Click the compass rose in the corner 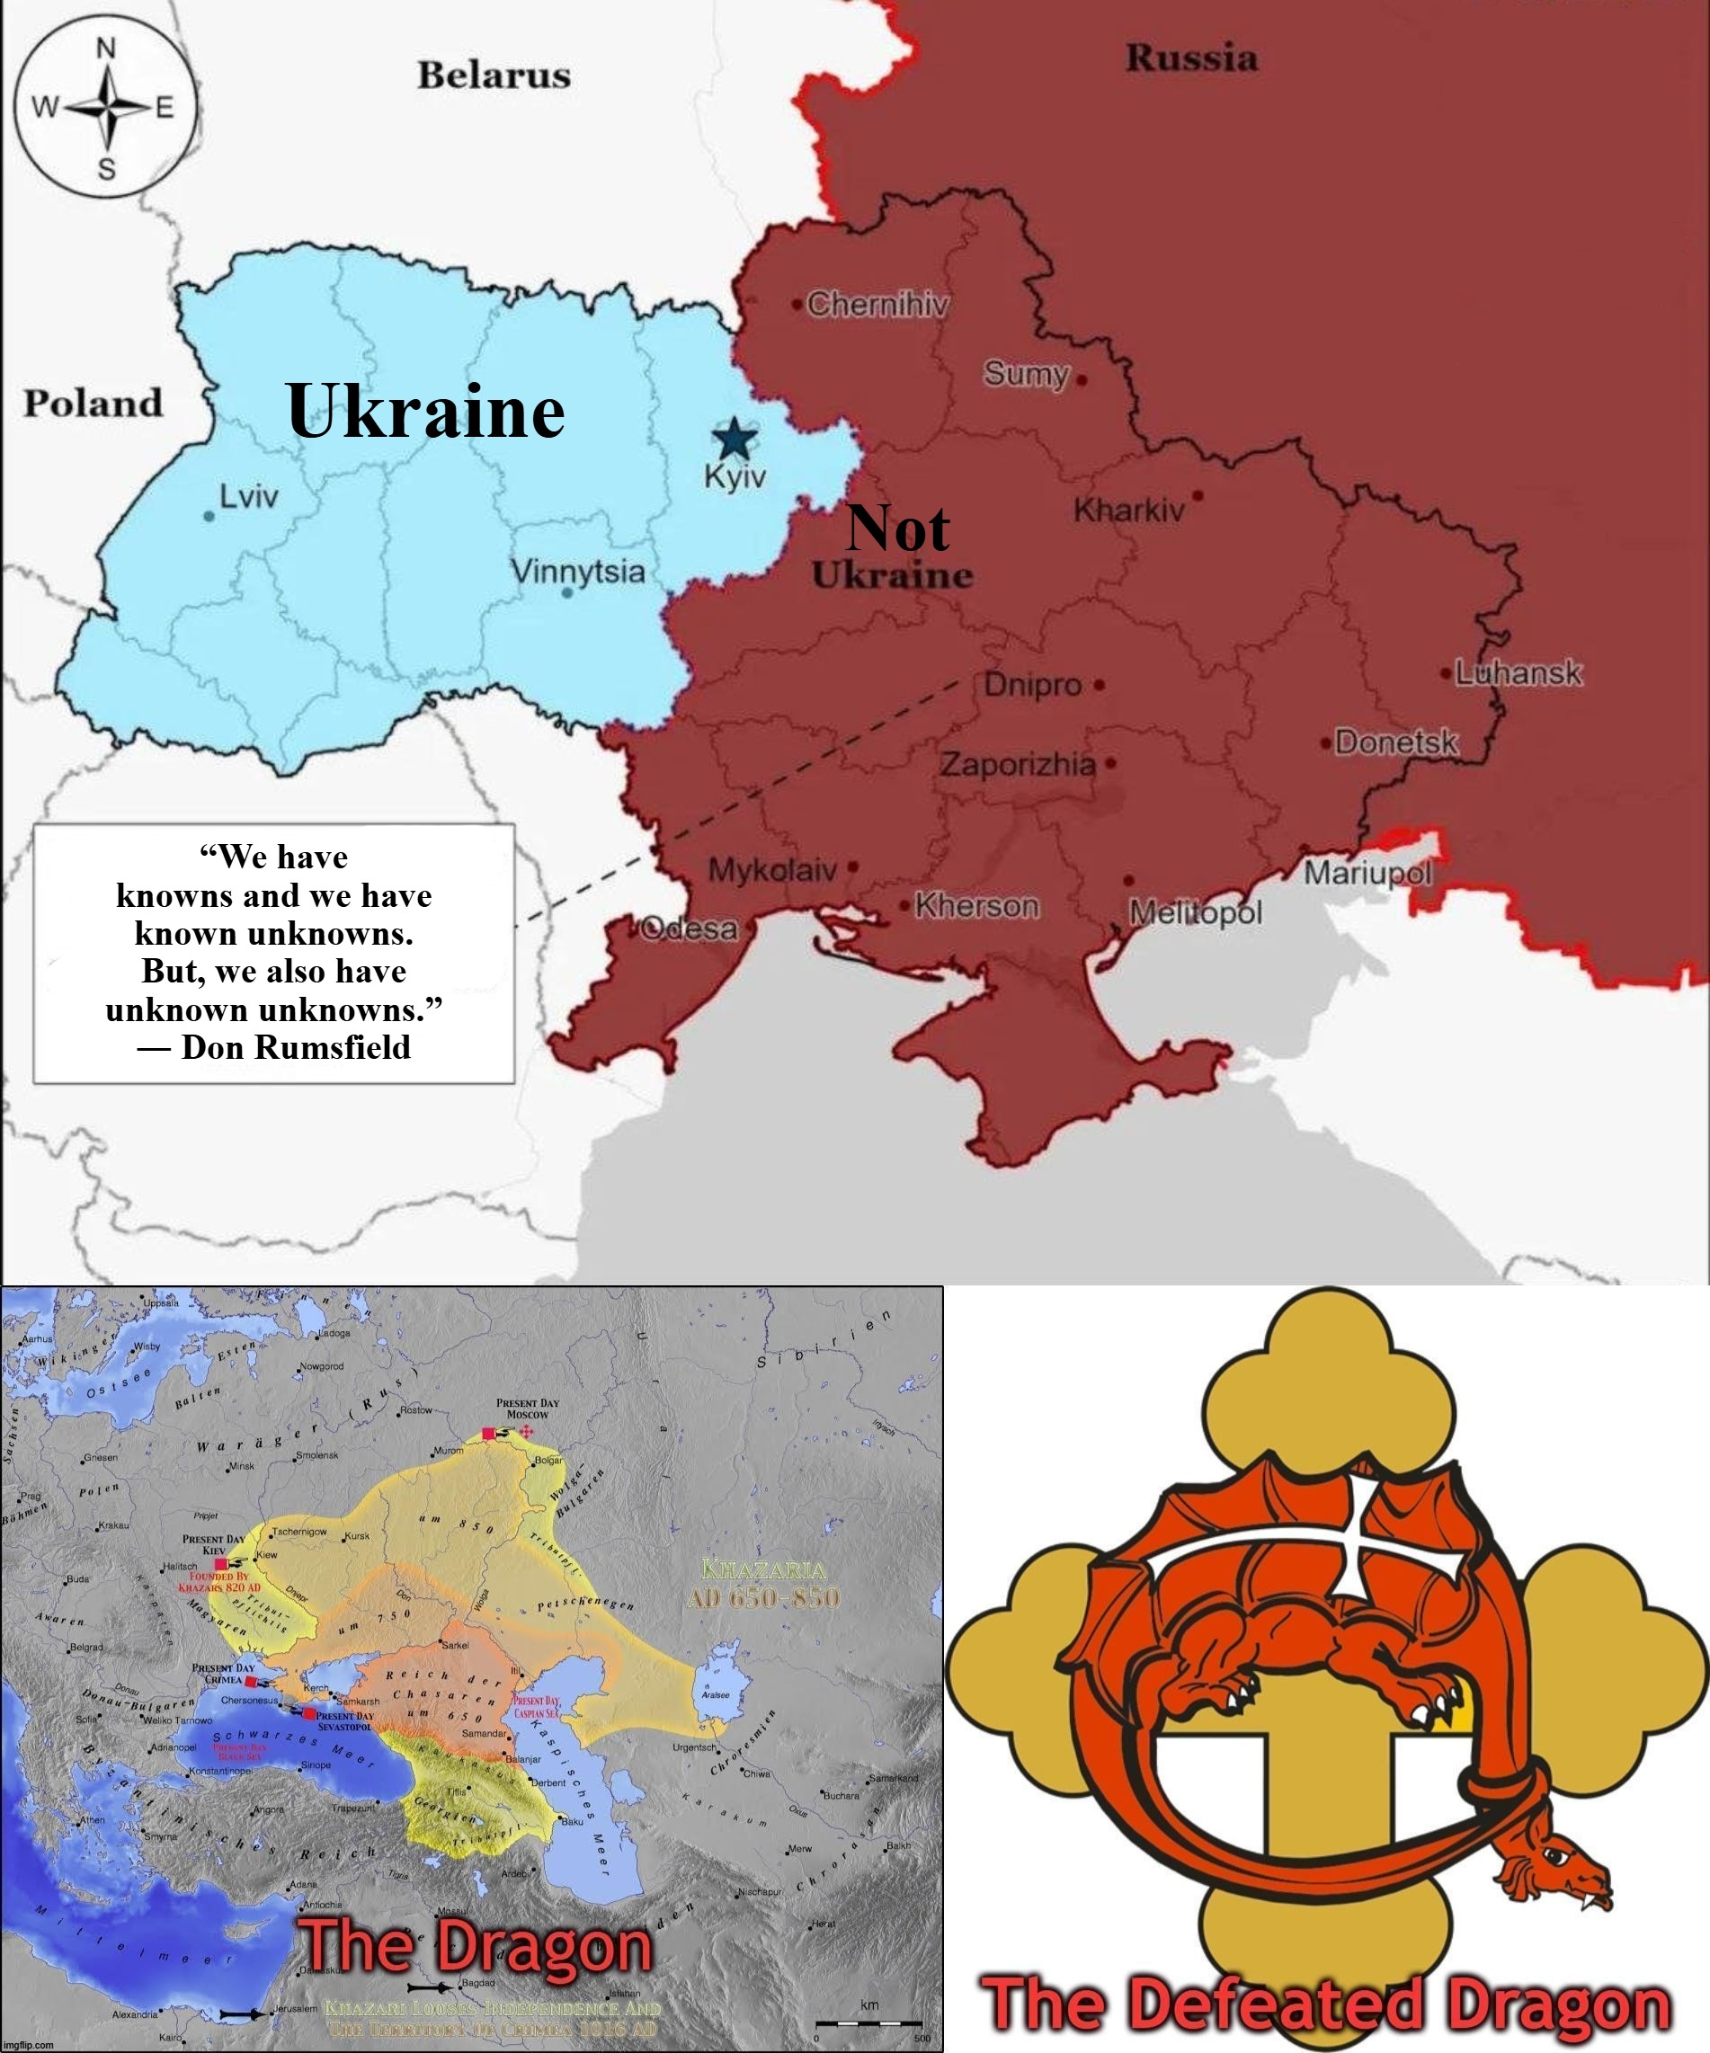point(105,107)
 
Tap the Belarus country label point(494,76)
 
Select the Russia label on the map point(1191,58)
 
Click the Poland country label point(93,403)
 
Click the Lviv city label point(248,497)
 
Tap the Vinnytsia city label point(578,571)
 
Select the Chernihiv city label point(877,305)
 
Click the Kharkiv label point(1128,510)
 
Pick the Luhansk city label point(1518,672)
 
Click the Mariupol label point(1367,873)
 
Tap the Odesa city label point(690,928)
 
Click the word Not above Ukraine point(897,529)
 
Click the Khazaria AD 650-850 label point(763,1584)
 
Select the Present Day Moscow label point(527,1409)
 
